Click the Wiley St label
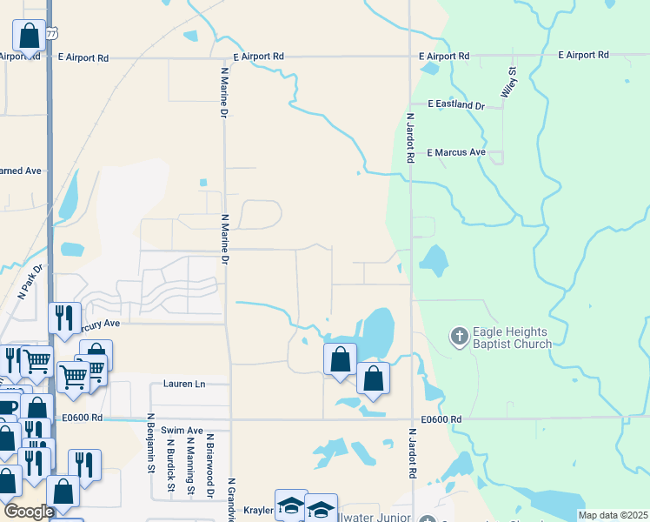[x=508, y=83]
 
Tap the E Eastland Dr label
[x=456, y=105]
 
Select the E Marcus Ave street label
[x=456, y=152]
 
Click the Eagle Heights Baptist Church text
[x=512, y=338]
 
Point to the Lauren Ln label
[x=184, y=384]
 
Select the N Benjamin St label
[x=150, y=443]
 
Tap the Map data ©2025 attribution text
[x=614, y=515]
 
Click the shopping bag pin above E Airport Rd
[x=29, y=37]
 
